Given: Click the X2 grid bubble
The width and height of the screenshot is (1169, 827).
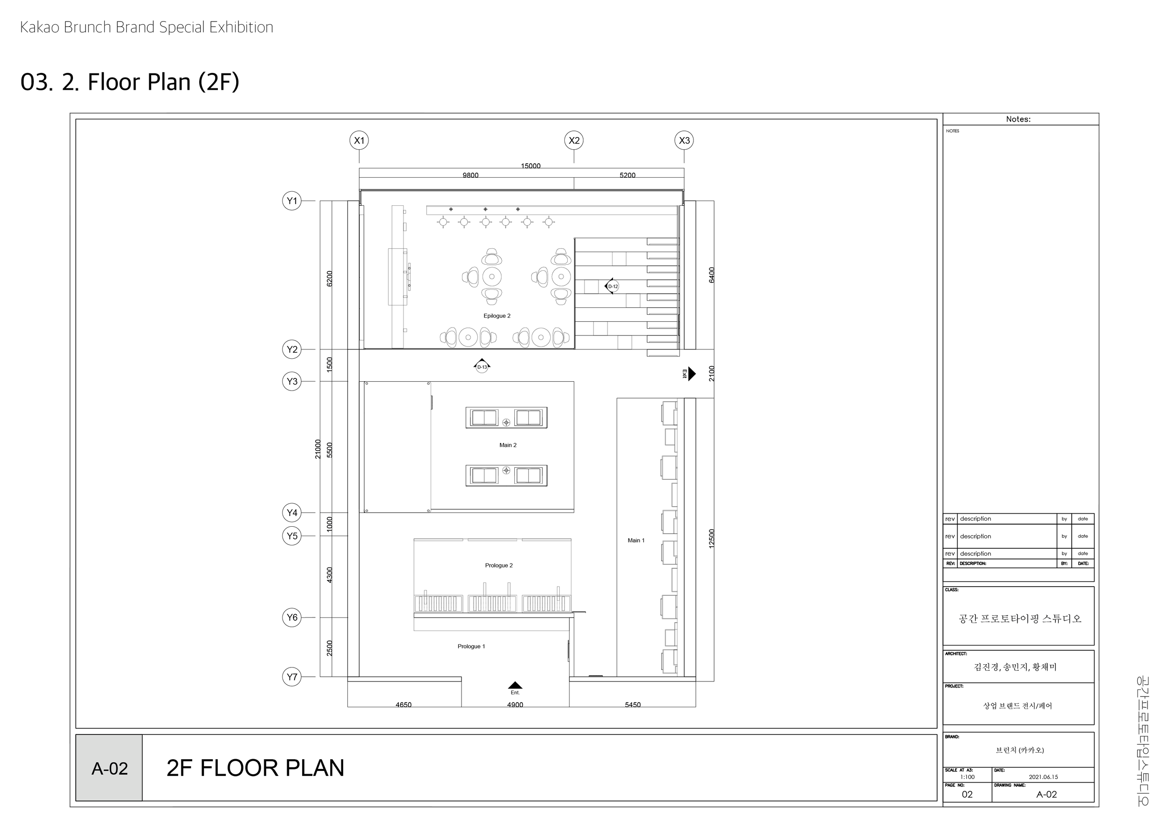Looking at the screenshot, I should pyautogui.click(x=574, y=140).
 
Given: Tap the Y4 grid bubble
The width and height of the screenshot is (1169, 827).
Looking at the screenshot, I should pyautogui.click(x=292, y=513).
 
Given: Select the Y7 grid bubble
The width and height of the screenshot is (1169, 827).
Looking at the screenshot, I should pyautogui.click(x=292, y=677).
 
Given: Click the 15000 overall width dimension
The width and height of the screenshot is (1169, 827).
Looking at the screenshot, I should pyautogui.click(x=531, y=166).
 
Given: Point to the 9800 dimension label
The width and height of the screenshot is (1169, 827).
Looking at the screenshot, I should pyautogui.click(x=470, y=175).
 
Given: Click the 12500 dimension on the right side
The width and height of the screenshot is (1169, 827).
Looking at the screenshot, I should pyautogui.click(x=712, y=539).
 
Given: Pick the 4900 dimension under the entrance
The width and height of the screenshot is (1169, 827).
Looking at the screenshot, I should pyautogui.click(x=515, y=705).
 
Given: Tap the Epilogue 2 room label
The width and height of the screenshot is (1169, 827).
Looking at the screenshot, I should pyautogui.click(x=497, y=316).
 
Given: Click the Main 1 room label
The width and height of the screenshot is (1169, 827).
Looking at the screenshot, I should pyautogui.click(x=636, y=540).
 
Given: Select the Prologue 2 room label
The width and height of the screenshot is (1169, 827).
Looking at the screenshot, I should pyautogui.click(x=499, y=565).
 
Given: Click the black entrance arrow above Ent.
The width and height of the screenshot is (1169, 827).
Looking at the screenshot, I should pyautogui.click(x=515, y=685).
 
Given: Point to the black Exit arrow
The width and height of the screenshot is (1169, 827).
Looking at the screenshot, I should pyautogui.click(x=691, y=374).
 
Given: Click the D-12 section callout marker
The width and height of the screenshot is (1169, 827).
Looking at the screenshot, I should pyautogui.click(x=613, y=286).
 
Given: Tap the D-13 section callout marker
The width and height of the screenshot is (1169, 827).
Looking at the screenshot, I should pyautogui.click(x=482, y=366).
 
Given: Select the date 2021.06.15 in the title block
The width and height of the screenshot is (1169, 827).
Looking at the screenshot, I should pyautogui.click(x=1043, y=777).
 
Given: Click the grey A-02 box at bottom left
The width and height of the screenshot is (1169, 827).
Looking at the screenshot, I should pyautogui.click(x=109, y=769).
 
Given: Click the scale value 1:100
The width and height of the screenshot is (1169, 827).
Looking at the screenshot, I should pyautogui.click(x=967, y=777).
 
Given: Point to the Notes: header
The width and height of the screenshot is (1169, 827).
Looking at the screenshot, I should pyautogui.click(x=1018, y=119).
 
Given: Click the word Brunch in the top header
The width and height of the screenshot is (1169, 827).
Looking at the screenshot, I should pyautogui.click(x=87, y=27).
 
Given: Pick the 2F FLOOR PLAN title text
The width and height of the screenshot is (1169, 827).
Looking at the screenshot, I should pyautogui.click(x=255, y=769).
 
